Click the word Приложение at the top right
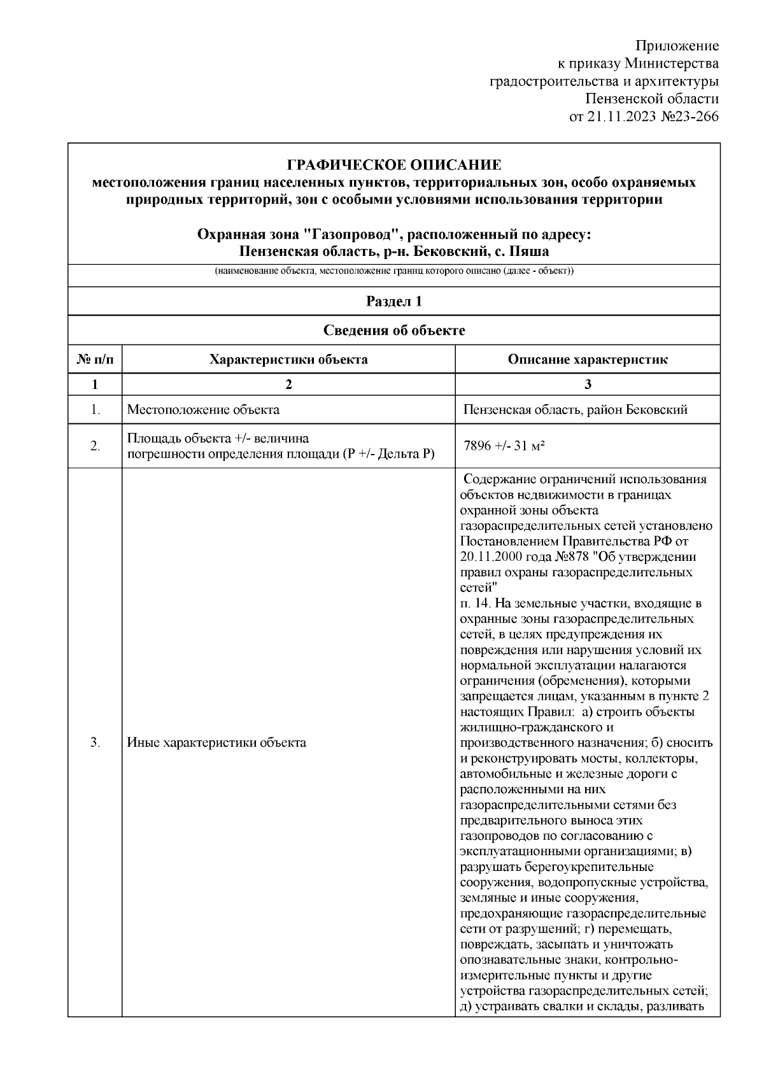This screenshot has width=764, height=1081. tap(677, 46)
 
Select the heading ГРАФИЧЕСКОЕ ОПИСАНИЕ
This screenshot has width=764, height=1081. tap(394, 166)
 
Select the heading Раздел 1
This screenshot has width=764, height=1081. tap(394, 302)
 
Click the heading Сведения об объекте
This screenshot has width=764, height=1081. tap(394, 330)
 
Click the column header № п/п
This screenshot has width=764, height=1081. tap(95, 360)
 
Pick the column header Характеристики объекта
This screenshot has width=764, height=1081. tap(288, 360)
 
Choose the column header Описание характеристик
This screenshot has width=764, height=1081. tap(587, 360)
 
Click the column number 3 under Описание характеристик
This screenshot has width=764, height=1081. tap(587, 384)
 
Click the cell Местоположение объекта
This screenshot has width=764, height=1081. tap(204, 409)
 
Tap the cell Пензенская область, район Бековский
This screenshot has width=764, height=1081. tap(576, 409)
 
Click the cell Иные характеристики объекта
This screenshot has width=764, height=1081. tap(216, 742)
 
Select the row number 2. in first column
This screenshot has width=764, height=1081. tap(95, 446)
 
